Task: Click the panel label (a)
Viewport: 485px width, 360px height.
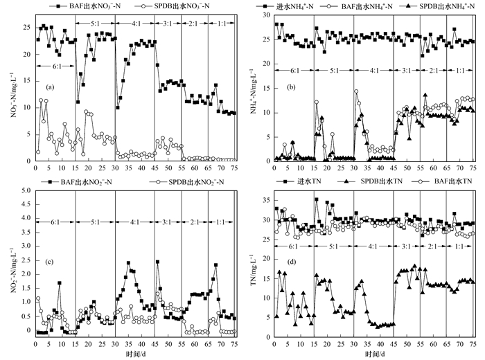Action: (x=50, y=88)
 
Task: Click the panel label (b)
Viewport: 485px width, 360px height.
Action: (x=290, y=88)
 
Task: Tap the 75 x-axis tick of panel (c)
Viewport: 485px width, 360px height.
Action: (x=235, y=341)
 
